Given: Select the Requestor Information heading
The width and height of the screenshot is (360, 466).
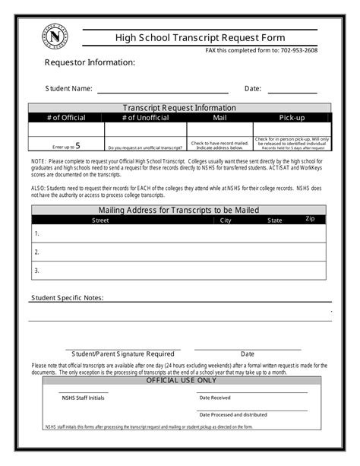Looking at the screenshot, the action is click(90, 62).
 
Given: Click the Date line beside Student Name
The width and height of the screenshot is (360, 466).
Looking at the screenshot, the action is click(291, 90).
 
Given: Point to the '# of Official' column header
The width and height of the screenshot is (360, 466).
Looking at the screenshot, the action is click(66, 118).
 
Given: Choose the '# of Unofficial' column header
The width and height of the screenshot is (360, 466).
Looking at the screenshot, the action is click(147, 118).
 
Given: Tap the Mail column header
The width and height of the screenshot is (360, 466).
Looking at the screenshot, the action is click(219, 118).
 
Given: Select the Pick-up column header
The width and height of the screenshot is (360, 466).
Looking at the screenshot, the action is click(292, 118).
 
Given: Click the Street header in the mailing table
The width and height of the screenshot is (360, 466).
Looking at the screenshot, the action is click(100, 220).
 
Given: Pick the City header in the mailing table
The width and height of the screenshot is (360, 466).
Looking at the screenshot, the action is click(226, 220).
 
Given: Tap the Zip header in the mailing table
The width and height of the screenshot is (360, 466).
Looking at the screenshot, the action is click(310, 219).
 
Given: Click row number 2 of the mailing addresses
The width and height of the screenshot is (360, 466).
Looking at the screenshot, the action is click(36, 252).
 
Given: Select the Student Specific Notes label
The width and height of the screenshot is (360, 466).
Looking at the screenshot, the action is click(67, 297).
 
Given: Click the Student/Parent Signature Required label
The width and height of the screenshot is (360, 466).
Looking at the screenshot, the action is click(123, 353).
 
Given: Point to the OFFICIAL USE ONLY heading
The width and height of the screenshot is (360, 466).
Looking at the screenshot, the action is click(181, 380).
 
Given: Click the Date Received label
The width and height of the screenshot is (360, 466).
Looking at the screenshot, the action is click(215, 398).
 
